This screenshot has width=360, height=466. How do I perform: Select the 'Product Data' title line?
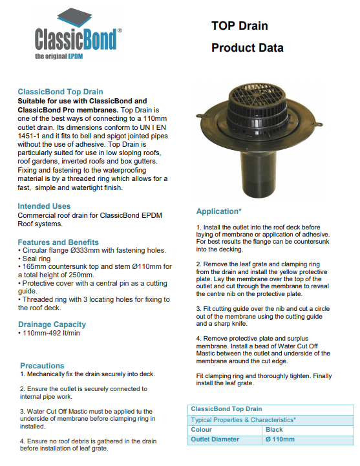tap(247, 48)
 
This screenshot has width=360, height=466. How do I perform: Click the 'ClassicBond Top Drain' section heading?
tap(60, 92)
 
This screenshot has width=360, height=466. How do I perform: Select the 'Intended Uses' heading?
tap(44, 206)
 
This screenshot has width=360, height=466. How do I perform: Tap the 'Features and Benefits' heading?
tap(58, 242)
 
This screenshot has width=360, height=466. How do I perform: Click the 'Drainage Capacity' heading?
tap(52, 324)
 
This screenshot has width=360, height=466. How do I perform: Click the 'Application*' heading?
tap(219, 211)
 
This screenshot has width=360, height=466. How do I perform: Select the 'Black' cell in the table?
tap(274, 429)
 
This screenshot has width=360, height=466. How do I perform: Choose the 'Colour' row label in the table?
tap(202, 429)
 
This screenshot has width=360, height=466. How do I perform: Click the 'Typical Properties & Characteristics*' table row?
tap(243, 419)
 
